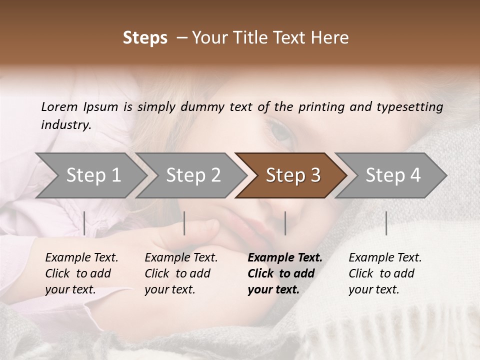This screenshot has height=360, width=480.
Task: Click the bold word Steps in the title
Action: pyautogui.click(x=145, y=38)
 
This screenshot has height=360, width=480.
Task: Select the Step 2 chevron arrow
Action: pyautogui.click(x=193, y=175)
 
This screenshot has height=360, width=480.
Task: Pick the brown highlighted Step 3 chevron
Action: pyautogui.click(x=292, y=175)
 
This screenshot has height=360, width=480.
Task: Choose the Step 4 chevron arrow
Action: pyautogui.click(x=392, y=175)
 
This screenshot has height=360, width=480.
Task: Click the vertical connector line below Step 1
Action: pyautogui.click(x=84, y=223)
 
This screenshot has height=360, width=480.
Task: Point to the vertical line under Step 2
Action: pyautogui.click(x=184, y=223)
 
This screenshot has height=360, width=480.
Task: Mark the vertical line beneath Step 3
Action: pyautogui.click(x=285, y=223)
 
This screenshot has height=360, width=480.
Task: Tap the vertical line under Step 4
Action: pyautogui.click(x=386, y=223)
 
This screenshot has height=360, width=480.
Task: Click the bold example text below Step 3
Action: pyautogui.click(x=285, y=273)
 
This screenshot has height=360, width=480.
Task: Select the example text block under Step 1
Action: pyautogui.click(x=81, y=273)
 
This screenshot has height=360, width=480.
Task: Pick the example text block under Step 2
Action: pyautogui.click(x=181, y=273)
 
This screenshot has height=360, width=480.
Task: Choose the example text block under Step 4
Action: pyautogui.click(x=385, y=273)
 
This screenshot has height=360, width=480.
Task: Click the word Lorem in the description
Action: pyautogui.click(x=59, y=106)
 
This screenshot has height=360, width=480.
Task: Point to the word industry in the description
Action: pyautogui.click(x=65, y=124)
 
